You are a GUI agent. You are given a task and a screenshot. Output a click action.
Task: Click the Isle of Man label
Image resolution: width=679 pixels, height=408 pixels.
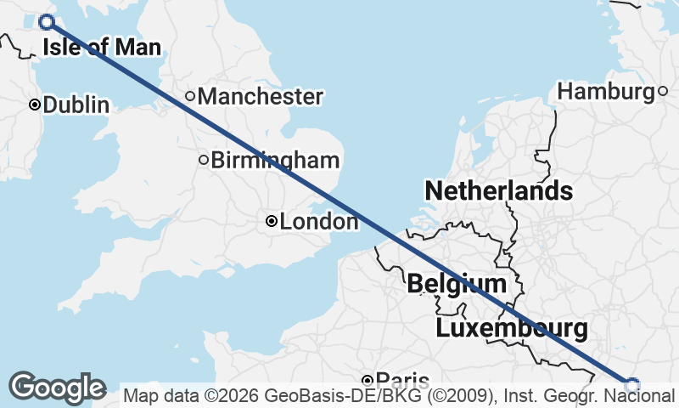pyautogui.click(x=101, y=48)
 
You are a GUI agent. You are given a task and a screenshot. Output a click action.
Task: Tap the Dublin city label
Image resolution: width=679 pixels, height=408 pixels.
pyautogui.click(x=76, y=105)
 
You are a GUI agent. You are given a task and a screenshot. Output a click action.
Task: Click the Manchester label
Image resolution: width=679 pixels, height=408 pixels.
pyautogui.click(x=260, y=97)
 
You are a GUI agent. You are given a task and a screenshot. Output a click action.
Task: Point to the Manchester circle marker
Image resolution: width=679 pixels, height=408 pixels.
pyautogui.click(x=190, y=96)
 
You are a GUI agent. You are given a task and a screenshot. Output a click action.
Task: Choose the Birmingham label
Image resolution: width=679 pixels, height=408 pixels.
pyautogui.click(x=275, y=160)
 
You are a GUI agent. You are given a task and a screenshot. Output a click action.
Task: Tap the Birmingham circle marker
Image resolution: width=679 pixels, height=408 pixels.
pyautogui.click(x=204, y=159)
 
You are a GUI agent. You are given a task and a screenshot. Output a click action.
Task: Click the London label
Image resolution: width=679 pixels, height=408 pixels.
pyautogui.click(x=319, y=223)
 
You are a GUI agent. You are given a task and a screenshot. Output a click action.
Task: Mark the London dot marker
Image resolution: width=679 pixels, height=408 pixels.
pyautogui.click(x=271, y=221)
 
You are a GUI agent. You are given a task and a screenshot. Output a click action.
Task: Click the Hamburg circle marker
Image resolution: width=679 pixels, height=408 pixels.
pyautogui.click(x=663, y=91)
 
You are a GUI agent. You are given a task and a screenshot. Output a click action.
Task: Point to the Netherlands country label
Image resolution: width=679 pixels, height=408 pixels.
pyautogui.click(x=498, y=190)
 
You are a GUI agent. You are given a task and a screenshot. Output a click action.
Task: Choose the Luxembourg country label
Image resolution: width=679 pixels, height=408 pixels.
pyautogui.click(x=511, y=328)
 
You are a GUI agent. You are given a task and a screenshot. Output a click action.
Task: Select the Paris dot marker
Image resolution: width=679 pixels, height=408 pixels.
pyautogui.click(x=368, y=380)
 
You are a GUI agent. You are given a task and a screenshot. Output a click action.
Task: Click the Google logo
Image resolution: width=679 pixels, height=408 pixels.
pyautogui.click(x=58, y=388)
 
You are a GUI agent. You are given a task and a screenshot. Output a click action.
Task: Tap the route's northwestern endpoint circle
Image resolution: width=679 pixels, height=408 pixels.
pyautogui.click(x=47, y=23)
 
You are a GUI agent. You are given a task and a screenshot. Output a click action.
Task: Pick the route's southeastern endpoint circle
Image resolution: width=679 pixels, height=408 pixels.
pyautogui.click(x=631, y=385)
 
